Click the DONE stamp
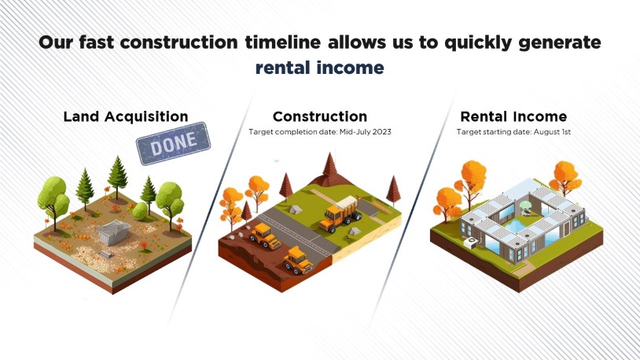174,143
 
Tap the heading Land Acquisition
126,117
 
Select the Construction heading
320,117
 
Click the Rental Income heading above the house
513,117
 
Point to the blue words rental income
319,68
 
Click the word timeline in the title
283,42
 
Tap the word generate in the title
560,43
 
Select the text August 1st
552,132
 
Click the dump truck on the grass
340,215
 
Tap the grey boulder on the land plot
113,232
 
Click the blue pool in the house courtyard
517,225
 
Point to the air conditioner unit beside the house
471,243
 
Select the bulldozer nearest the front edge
298,260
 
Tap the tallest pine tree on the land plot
118,177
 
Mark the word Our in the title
56,43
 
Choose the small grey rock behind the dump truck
295,209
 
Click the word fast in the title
97,42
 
